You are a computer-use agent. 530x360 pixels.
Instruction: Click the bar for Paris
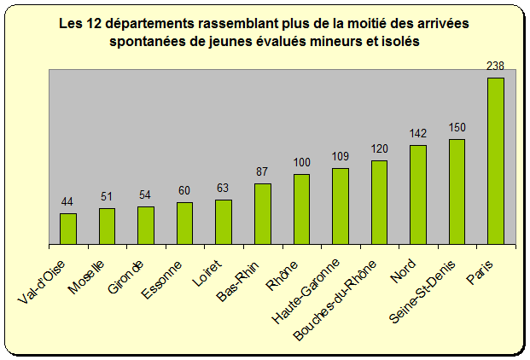(x=495, y=161)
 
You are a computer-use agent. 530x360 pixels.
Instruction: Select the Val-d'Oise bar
(x=68, y=229)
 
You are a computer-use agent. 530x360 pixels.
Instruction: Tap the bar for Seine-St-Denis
(x=457, y=192)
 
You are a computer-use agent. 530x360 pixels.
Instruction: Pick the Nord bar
(x=418, y=195)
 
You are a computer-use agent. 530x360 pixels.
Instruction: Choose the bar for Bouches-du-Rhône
(x=379, y=202)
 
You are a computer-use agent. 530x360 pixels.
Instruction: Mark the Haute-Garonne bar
(x=341, y=206)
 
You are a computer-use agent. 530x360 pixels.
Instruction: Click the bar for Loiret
(x=224, y=222)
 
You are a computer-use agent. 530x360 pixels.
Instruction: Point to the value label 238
(x=495, y=66)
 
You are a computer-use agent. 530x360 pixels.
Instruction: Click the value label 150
(x=457, y=127)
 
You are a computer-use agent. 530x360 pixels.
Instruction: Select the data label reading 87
(x=262, y=171)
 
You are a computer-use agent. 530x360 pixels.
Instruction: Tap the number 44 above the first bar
(x=68, y=201)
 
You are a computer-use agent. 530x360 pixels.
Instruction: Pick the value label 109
(x=341, y=156)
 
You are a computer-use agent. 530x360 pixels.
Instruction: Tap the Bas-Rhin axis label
(x=237, y=278)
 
